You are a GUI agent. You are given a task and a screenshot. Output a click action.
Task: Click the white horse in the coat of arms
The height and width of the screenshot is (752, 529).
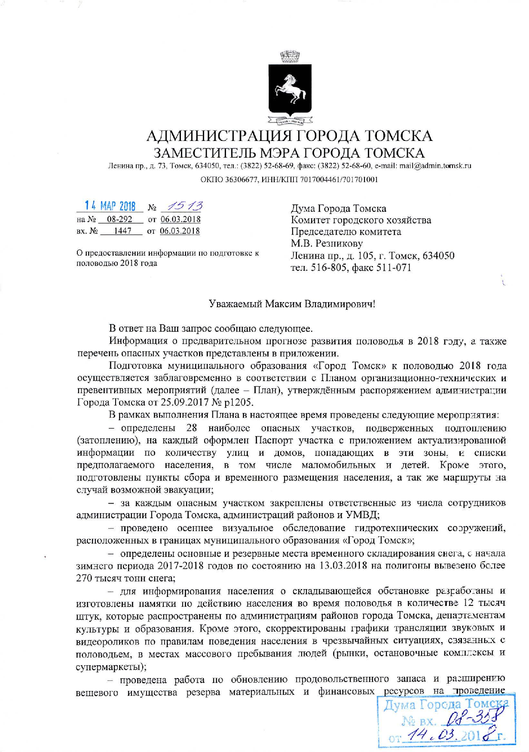pyautogui.click(x=290, y=89)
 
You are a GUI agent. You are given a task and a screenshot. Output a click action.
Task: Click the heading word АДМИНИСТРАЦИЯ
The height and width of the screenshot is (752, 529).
pyautogui.click(x=217, y=137)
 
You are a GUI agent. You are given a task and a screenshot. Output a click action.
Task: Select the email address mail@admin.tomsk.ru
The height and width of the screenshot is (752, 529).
pyautogui.click(x=437, y=166)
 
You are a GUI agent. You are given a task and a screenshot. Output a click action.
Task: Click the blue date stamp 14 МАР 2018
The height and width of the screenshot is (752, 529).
pyautogui.click(x=110, y=206)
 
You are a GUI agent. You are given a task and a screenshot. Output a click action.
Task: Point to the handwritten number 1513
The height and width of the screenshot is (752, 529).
pyautogui.click(x=185, y=206)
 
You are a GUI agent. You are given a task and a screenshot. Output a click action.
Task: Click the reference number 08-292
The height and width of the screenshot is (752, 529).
pyautogui.click(x=119, y=219)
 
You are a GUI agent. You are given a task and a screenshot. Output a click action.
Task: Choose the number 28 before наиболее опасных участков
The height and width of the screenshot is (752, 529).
pyautogui.click(x=192, y=428)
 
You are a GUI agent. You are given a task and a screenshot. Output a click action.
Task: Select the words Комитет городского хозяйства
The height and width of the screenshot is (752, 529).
pyautogui.click(x=361, y=220)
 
